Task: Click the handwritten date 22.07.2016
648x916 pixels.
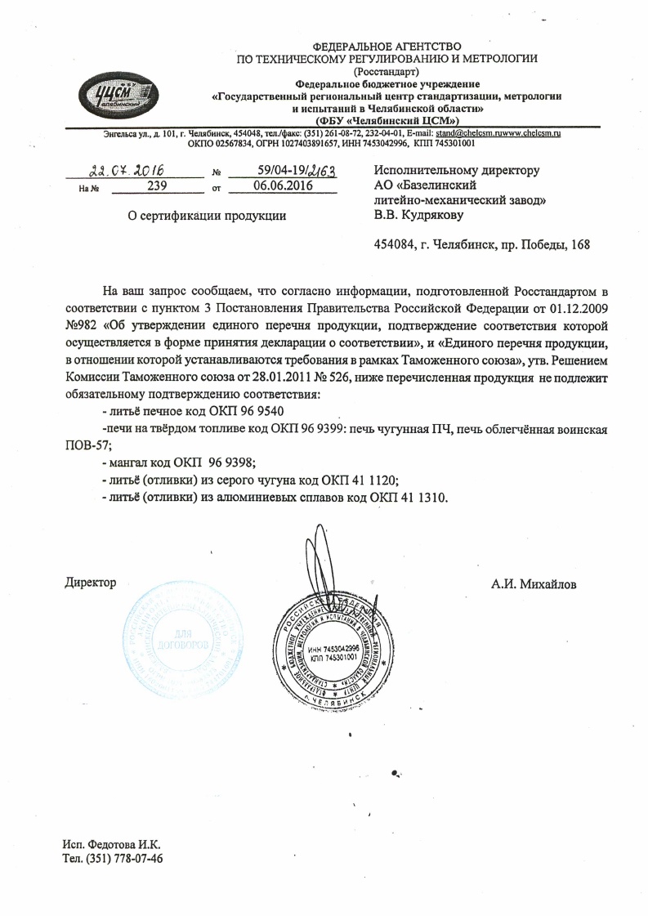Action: point(127,170)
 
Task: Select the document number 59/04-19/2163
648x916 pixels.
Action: point(284,171)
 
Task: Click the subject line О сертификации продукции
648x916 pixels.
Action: point(197,216)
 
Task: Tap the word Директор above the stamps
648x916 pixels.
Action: point(90,583)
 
